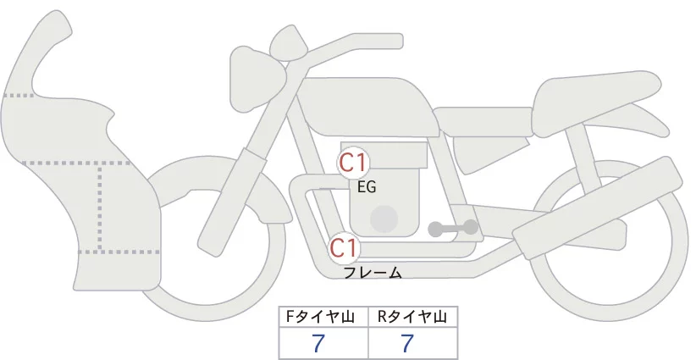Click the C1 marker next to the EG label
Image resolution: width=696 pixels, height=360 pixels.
(x=352, y=163)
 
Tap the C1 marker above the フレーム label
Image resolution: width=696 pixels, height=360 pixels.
(x=344, y=247)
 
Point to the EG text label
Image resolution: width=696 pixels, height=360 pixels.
(x=367, y=187)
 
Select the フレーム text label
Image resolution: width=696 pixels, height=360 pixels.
(x=373, y=273)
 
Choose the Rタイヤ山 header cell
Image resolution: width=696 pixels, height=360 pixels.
(x=413, y=317)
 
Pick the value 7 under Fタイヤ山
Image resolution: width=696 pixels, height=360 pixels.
(x=318, y=343)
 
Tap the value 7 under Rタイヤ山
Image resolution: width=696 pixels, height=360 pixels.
(x=407, y=343)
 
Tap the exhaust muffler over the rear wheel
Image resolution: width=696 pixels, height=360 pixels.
(x=598, y=208)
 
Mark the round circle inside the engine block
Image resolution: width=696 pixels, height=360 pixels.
(x=384, y=219)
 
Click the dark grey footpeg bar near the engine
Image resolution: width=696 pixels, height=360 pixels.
(x=453, y=228)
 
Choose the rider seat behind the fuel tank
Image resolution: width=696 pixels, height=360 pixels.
(x=483, y=122)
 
